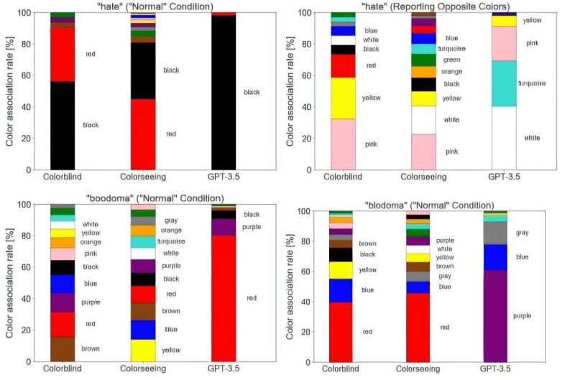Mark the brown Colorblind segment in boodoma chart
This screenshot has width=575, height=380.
tap(63, 349)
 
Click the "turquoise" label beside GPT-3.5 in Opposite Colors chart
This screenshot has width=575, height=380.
tap(533, 84)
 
